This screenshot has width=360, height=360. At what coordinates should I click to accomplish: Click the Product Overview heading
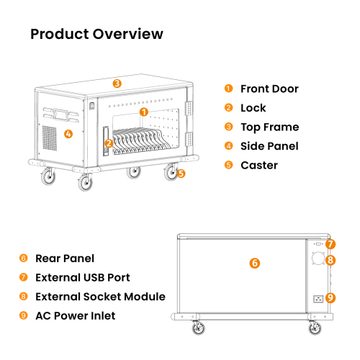[96, 34]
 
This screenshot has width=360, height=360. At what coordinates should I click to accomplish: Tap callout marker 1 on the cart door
[144, 112]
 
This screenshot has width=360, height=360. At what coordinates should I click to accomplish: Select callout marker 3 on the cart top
[117, 84]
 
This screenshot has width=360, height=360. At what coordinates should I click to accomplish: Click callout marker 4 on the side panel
[68, 134]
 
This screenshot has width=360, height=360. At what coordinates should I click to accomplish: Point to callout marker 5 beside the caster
[181, 174]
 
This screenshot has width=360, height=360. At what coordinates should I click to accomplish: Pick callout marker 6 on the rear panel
[255, 263]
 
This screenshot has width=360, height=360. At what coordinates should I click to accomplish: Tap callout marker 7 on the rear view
[330, 244]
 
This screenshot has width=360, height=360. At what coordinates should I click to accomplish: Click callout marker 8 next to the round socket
[330, 260]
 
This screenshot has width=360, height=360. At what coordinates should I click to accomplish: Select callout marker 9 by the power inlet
[330, 298]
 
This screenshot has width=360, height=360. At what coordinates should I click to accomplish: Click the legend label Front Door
[269, 89]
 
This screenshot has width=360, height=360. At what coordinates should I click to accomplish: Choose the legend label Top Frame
[270, 127]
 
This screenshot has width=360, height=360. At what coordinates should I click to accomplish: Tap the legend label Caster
[259, 166]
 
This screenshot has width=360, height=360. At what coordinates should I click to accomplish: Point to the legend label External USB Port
[83, 277]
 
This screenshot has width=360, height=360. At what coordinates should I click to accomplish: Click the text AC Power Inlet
[76, 316]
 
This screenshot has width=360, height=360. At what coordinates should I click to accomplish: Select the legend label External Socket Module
[100, 297]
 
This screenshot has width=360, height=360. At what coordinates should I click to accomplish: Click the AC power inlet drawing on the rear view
[318, 299]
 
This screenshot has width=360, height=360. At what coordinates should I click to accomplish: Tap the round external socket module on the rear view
[318, 258]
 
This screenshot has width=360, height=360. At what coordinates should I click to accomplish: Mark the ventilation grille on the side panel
[50, 138]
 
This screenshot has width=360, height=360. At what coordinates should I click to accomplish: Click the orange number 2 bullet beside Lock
[228, 107]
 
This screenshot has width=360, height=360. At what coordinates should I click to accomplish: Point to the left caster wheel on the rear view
[199, 328]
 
